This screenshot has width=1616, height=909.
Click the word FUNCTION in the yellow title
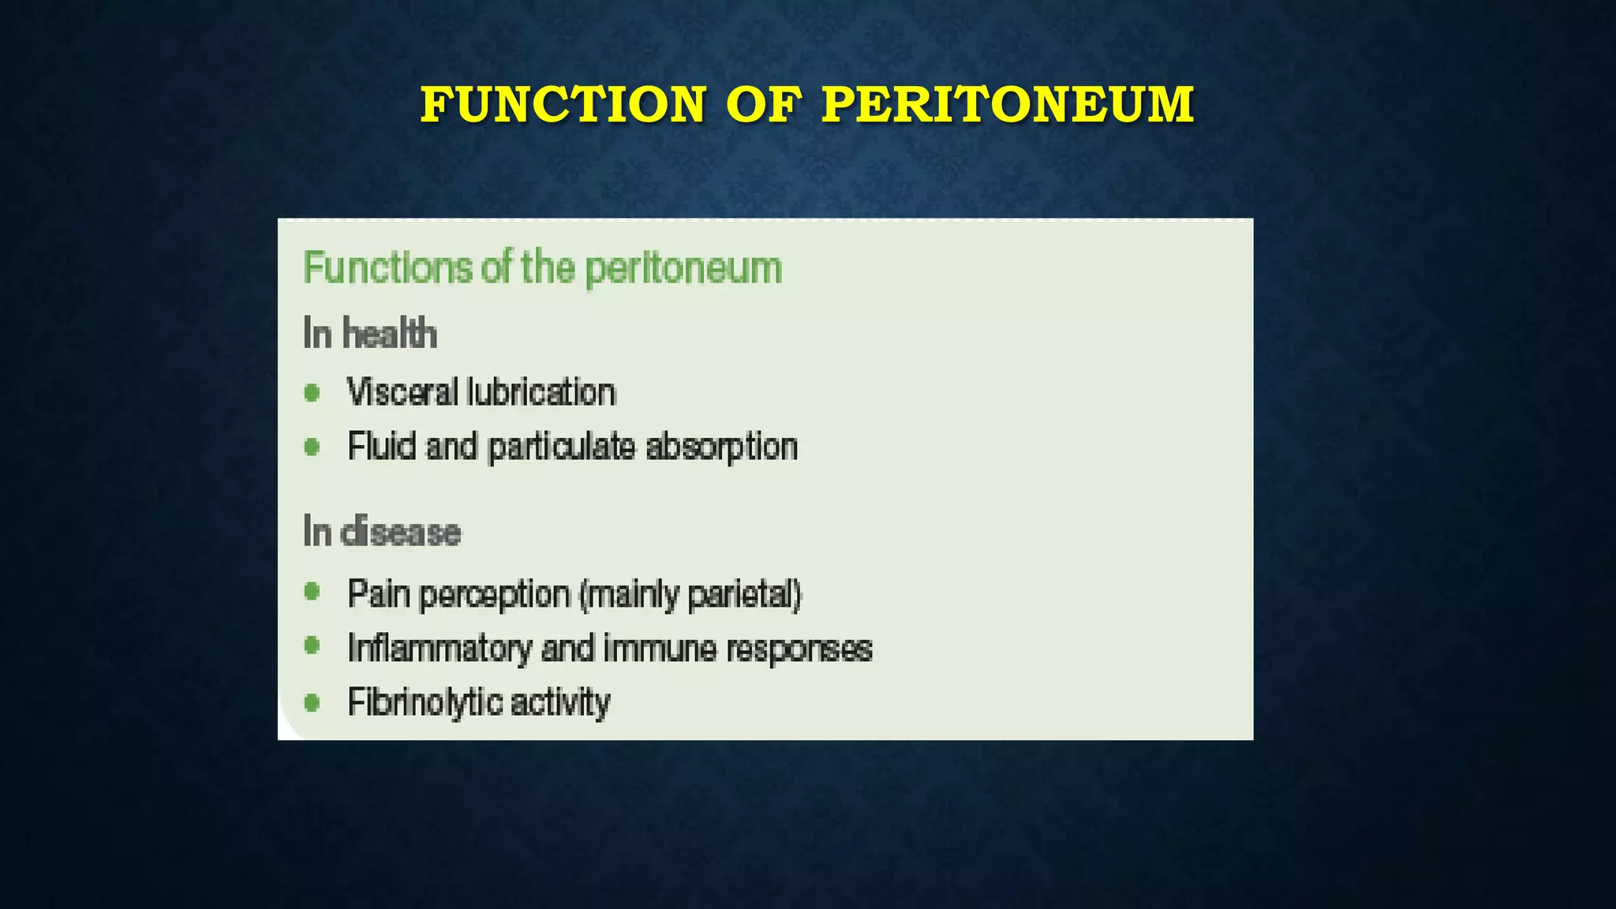click(x=563, y=105)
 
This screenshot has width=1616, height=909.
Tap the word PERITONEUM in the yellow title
click(x=1008, y=105)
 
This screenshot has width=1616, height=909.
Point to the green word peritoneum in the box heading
click(x=683, y=269)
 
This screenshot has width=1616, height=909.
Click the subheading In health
click(x=369, y=333)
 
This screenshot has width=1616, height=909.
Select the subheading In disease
click(x=382, y=532)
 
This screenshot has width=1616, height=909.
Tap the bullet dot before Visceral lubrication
click(x=312, y=392)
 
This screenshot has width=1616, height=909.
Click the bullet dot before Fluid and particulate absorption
click(x=312, y=447)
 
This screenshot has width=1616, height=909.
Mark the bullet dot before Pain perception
click(x=312, y=591)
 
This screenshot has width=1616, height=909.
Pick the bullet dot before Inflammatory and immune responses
click(x=312, y=646)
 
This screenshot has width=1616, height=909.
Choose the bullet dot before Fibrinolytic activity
click(x=312, y=701)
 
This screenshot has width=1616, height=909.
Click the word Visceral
click(x=402, y=392)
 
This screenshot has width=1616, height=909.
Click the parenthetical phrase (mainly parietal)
click(x=690, y=595)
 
